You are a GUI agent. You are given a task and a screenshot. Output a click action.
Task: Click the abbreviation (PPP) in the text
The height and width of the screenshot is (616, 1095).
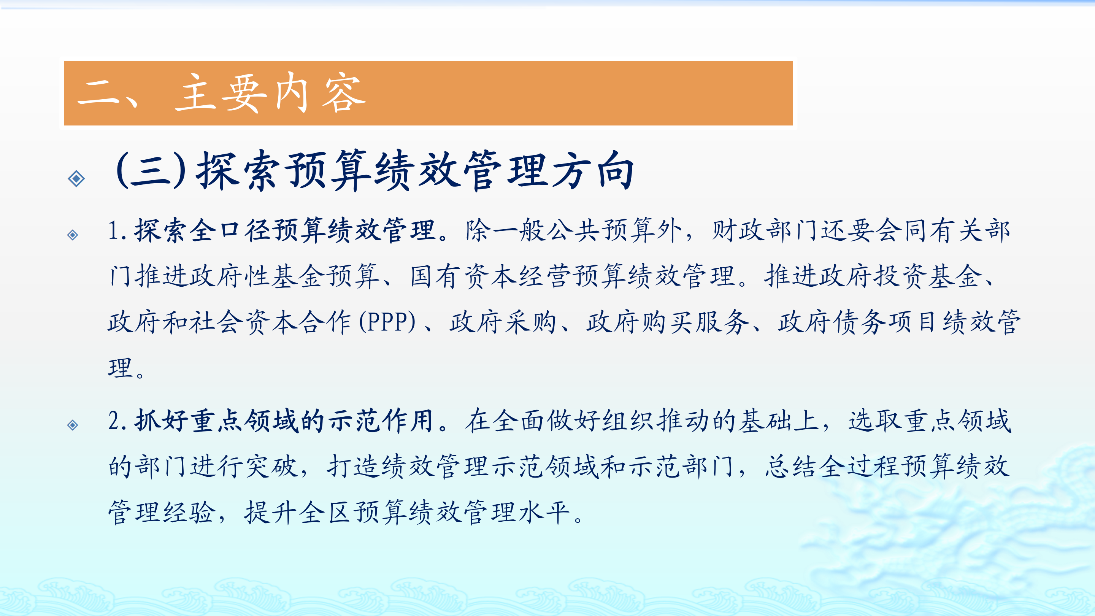[x=388, y=322]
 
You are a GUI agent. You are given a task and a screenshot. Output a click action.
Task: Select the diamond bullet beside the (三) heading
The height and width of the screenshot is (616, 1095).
[x=76, y=179]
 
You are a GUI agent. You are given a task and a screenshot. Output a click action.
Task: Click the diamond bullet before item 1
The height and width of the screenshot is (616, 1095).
[x=73, y=235]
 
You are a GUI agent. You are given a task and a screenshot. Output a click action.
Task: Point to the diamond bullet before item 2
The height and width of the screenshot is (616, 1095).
[x=73, y=425]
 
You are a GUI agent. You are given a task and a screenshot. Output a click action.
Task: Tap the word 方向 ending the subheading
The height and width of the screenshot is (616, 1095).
[x=593, y=170]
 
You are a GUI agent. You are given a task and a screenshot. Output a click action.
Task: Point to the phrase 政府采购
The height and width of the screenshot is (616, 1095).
[x=503, y=322]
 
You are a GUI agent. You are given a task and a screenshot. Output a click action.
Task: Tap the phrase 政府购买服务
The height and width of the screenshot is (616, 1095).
[x=668, y=322]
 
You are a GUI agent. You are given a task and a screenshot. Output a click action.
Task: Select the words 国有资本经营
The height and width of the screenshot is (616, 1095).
[x=491, y=276]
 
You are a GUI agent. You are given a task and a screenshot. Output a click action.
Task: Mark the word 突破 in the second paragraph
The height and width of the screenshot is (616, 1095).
[x=271, y=466]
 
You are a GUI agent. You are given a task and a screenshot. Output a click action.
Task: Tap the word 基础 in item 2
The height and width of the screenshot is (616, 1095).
[x=765, y=421]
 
